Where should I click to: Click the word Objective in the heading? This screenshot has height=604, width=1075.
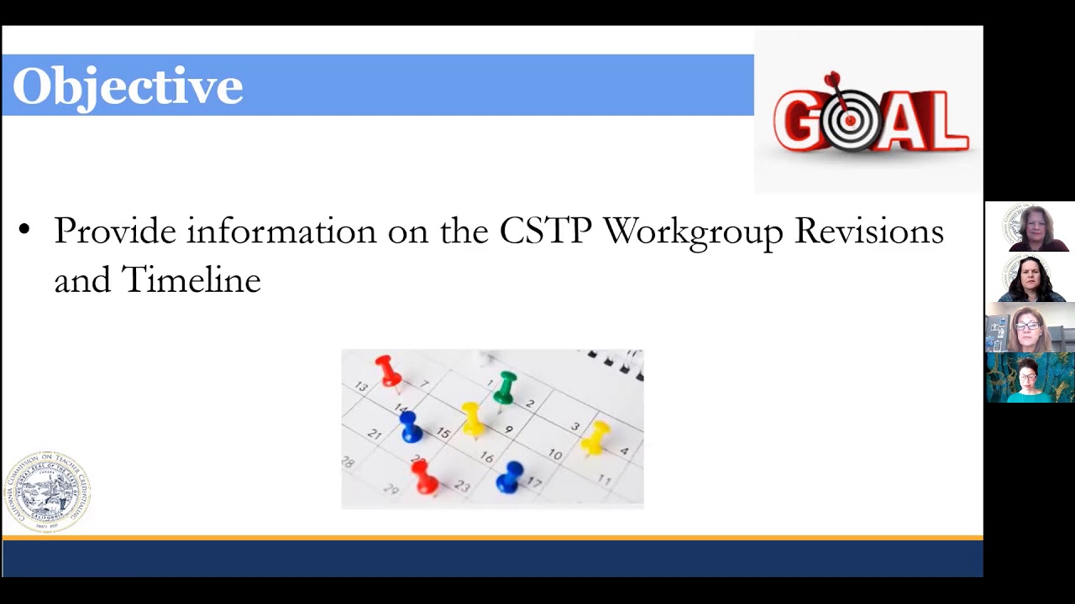[x=128, y=86]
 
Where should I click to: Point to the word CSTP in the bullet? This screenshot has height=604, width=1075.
[x=545, y=231]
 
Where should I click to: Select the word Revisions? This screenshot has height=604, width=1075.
[x=868, y=231]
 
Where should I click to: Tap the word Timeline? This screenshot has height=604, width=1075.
[x=191, y=280]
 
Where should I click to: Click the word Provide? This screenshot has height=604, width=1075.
[x=115, y=231]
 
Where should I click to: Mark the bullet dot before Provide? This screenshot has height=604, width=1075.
[x=24, y=229]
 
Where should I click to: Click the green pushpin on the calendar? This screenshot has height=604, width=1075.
[x=506, y=387]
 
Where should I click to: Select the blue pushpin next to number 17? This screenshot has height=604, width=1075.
[x=510, y=476]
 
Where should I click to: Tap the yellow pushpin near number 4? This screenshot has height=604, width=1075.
[x=595, y=436]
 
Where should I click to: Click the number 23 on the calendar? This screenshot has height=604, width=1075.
[x=462, y=487]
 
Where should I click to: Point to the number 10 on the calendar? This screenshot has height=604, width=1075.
[x=555, y=454]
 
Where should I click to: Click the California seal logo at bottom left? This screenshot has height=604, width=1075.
[x=47, y=492]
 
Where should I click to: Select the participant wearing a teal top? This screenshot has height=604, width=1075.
[x=1029, y=378]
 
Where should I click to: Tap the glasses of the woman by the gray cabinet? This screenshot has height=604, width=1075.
[x=1027, y=325]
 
